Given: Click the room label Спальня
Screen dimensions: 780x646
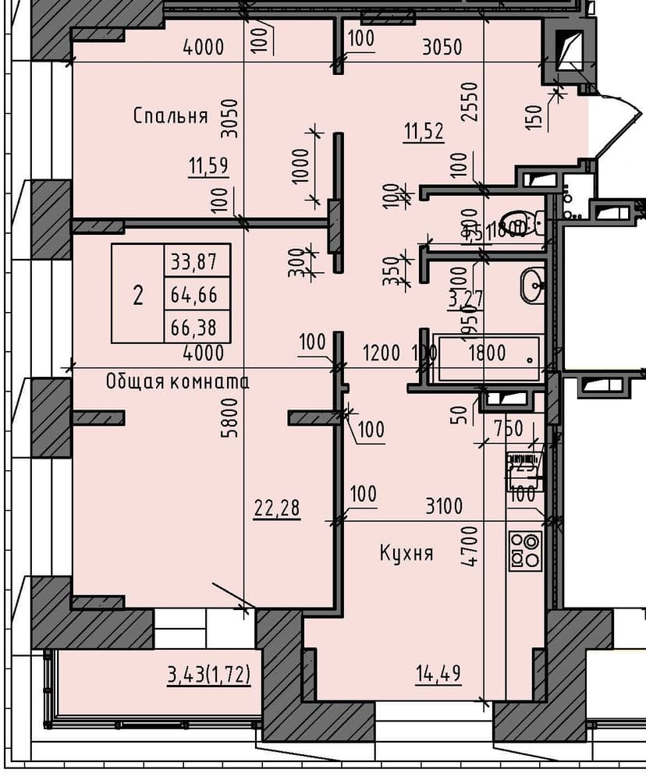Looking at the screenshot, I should [x=170, y=116].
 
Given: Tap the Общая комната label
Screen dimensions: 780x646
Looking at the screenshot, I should [x=177, y=381].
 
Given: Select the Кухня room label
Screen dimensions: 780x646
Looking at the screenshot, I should [x=406, y=554].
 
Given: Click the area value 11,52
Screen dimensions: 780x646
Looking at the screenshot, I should [x=424, y=131].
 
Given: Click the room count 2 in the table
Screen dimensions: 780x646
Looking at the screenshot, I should [x=138, y=295].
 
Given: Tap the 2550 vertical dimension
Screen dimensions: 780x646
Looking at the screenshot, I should [x=468, y=102].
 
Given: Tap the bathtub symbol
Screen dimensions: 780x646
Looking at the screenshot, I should [x=489, y=358].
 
